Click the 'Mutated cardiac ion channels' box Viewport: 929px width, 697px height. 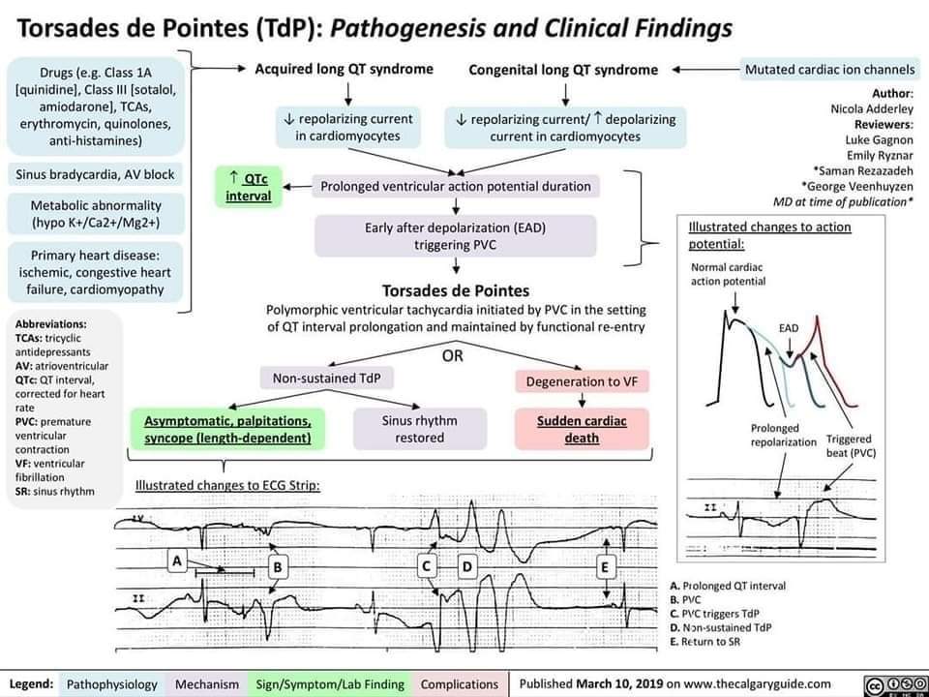830,70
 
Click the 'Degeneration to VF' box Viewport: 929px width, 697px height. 581,381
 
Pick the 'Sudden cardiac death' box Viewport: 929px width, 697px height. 582,430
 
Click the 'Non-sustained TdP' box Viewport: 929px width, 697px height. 325,377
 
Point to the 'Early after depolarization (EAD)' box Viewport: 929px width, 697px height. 455,236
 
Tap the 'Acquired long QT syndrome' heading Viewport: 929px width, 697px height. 344,70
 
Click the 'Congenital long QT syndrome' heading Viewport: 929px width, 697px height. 563,70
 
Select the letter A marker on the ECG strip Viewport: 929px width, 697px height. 176,560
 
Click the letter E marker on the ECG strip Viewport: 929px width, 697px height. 606,566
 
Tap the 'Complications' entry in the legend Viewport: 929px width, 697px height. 459,683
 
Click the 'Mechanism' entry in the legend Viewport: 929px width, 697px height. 207,683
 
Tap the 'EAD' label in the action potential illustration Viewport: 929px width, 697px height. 789,328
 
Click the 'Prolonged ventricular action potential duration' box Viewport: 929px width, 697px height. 455,186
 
